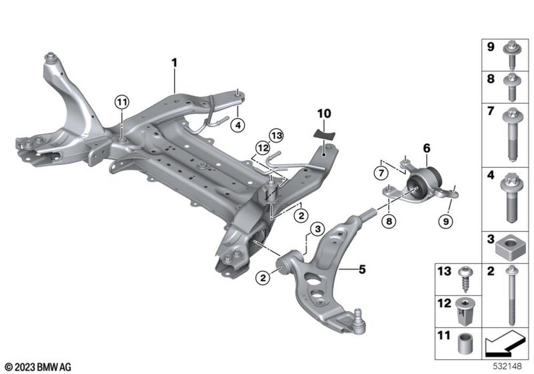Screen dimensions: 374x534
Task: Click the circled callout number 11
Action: click(121, 102)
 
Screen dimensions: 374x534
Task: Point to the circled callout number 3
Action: click(317, 230)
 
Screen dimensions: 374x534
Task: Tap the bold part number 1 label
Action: click(174, 63)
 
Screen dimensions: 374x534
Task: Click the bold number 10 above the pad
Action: click(324, 113)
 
